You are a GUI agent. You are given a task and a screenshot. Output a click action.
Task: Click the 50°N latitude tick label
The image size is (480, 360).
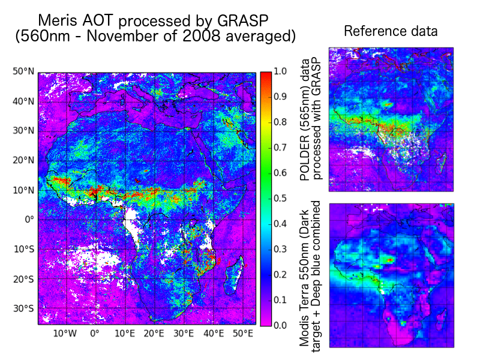click(23, 72)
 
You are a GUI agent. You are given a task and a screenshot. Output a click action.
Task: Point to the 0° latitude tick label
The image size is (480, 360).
click(28, 220)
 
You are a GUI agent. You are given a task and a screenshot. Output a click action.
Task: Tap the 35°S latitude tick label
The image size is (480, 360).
click(23, 308)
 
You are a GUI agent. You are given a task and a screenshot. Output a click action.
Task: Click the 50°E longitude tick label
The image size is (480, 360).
click(242, 334)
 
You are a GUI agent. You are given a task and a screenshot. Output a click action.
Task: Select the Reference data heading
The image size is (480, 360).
click(391, 31)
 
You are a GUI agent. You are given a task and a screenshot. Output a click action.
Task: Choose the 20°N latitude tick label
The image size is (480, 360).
click(23, 160)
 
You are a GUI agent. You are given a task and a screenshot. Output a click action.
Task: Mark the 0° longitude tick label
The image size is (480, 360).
click(94, 334)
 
